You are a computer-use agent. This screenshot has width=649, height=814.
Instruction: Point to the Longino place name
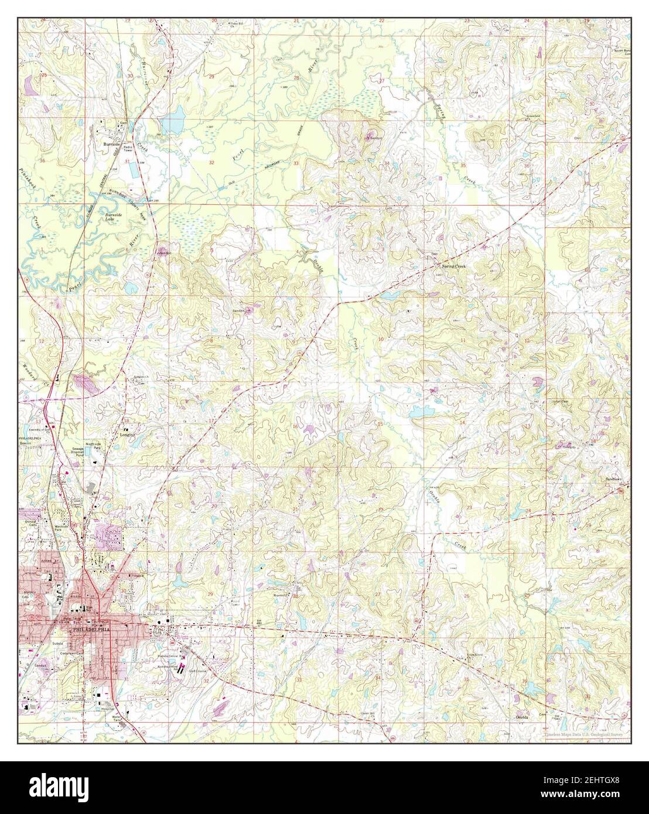(x=128, y=435)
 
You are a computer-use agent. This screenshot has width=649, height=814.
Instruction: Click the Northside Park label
(x=94, y=446)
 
